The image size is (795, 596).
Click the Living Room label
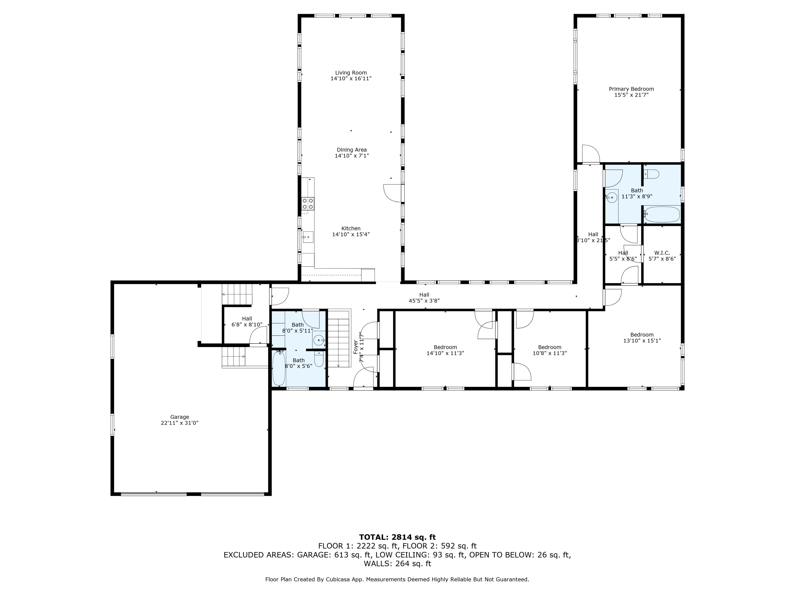[351, 73]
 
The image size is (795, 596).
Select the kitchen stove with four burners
[308, 204]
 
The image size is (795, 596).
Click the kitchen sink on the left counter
[308, 237]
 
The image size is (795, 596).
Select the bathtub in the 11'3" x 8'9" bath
[662, 215]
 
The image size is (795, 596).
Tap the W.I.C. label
[662, 253]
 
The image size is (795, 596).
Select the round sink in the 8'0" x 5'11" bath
[319, 340]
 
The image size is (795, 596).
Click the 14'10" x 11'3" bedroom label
[445, 347]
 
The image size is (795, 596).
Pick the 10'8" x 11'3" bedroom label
[550, 347]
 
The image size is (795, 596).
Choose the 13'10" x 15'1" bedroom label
[642, 335]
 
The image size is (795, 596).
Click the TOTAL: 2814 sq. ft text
[397, 537]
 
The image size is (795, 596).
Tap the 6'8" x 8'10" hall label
[247, 319]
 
